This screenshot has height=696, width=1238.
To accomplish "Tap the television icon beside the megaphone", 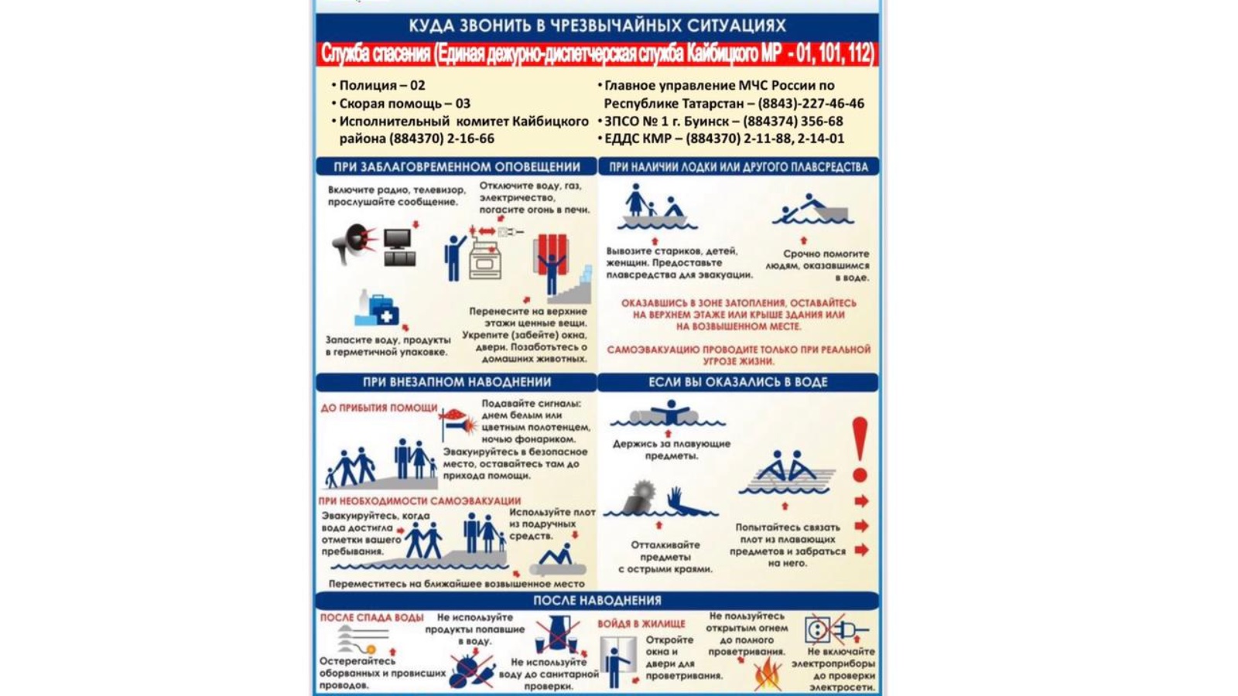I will pyautogui.click(x=399, y=247).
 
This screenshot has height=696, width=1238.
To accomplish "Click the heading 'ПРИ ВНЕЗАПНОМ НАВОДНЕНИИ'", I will pyautogui.click(x=457, y=382).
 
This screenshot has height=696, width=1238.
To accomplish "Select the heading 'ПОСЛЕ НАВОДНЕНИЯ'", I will pyautogui.click(x=597, y=600).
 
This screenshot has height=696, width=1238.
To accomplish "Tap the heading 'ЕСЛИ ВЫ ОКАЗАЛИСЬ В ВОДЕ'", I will pyautogui.click(x=737, y=382).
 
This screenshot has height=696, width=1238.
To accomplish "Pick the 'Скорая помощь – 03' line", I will pyautogui.click(x=404, y=103).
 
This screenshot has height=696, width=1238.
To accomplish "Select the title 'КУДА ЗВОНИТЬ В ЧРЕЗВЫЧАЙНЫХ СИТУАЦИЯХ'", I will pyautogui.click(x=597, y=26).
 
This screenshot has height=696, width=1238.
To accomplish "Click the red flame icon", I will pyautogui.click(x=767, y=674).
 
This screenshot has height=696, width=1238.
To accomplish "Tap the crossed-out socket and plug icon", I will pyautogui.click(x=835, y=629).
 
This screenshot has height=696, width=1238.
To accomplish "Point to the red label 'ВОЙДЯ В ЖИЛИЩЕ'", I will pyautogui.click(x=641, y=623).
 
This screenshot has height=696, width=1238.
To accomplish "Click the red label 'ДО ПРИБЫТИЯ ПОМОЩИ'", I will pyautogui.click(x=379, y=408).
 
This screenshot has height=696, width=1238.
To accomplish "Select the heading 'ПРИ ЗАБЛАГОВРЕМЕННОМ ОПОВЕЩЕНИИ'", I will pyautogui.click(x=457, y=166).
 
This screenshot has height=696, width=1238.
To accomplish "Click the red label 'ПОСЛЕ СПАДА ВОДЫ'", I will pyautogui.click(x=371, y=617).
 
